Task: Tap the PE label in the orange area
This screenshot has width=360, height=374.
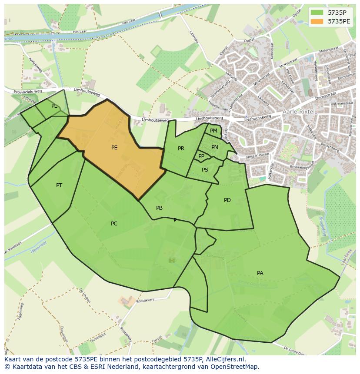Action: tap(114, 148)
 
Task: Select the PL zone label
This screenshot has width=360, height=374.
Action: tap(54, 106)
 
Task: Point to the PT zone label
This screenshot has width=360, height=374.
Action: tap(59, 185)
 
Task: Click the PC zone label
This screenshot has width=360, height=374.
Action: tap(114, 224)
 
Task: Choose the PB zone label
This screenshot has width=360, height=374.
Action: tap(160, 208)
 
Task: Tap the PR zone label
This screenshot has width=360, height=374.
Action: tap(181, 149)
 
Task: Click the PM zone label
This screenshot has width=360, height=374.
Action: tap(213, 131)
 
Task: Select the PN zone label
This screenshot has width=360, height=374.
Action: tap(215, 147)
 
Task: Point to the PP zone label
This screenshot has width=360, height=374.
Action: tap(201, 156)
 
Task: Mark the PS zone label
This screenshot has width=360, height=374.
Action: tap(205, 170)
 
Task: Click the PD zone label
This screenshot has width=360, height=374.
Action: tap(227, 200)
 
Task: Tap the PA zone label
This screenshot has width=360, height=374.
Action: tap(260, 273)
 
